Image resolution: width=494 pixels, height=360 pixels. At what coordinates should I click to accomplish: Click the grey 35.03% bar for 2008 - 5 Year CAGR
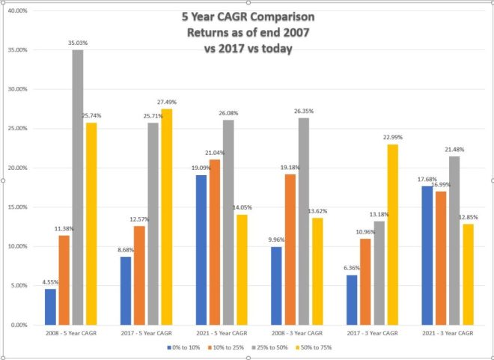pos(77,187)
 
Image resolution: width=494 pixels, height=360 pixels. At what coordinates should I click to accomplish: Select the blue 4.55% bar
pos(50,307)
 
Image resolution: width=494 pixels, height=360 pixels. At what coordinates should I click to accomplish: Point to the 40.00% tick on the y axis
pos(18,11)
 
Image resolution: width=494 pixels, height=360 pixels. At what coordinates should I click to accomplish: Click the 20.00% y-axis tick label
pos(18,168)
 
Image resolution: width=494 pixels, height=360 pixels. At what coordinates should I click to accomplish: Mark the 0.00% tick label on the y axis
pos(19,325)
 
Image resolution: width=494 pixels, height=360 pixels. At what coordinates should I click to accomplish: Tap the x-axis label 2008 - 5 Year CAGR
pos(70,332)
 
